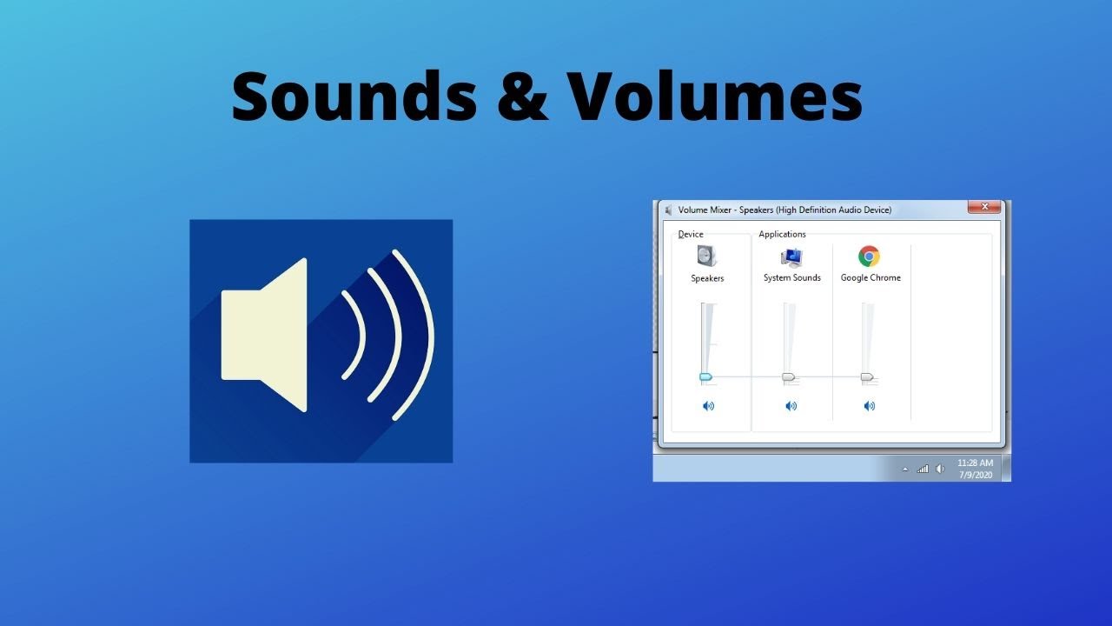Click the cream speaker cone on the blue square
pos(265,335)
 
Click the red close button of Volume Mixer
pos(984,208)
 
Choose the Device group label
pos(691,234)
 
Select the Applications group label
pos(782,234)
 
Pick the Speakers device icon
pos(707,256)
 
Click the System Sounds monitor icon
pos(791,256)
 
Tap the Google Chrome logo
pos(869,256)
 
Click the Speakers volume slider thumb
pos(705,376)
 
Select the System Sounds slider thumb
pos(788,376)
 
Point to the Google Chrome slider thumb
pos(866,376)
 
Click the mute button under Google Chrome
pos(870,406)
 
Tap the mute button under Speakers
pos(708,406)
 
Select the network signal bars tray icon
pos(923,469)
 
